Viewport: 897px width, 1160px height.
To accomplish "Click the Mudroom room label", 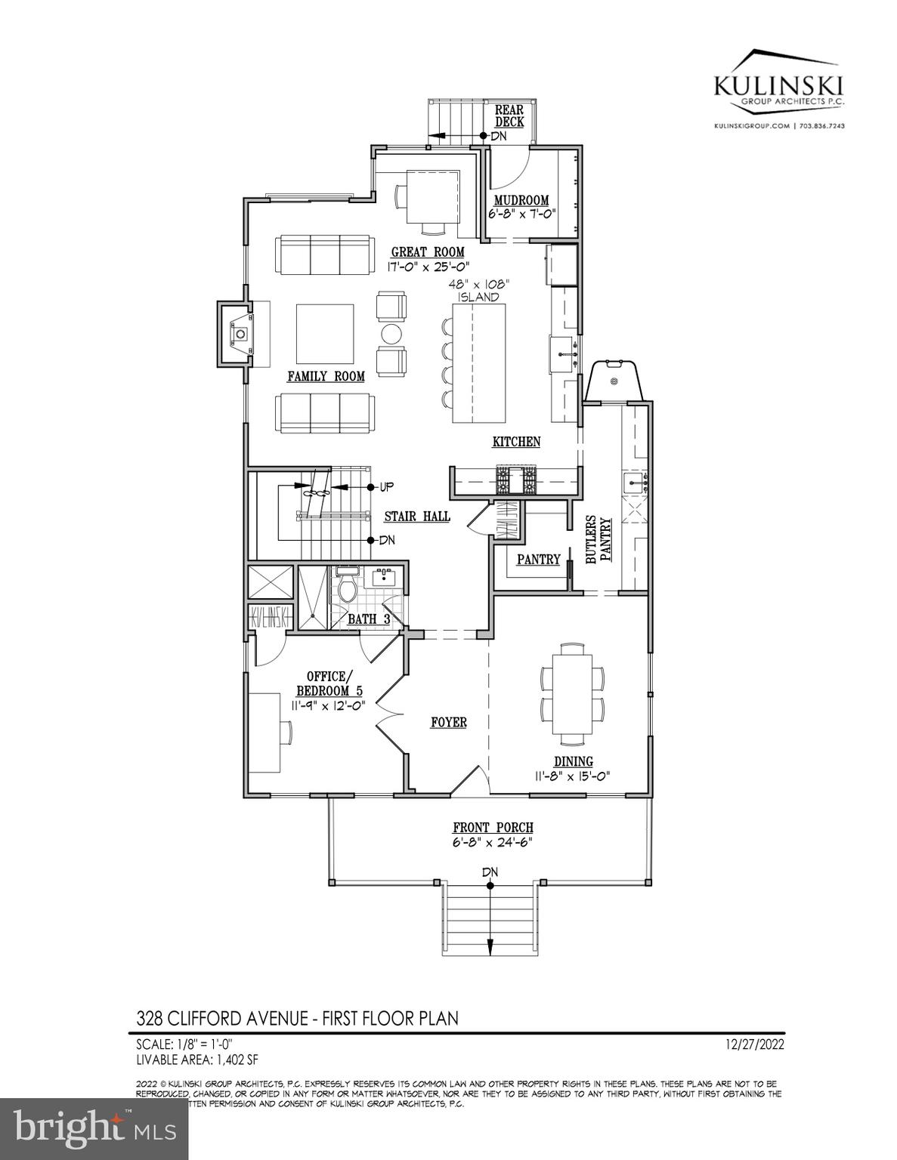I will pos(521,200).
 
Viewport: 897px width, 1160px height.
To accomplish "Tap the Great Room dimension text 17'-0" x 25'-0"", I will pos(428,266).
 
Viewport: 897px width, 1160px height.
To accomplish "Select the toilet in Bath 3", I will pos(348,589).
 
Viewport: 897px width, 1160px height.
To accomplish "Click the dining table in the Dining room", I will pos(572,693).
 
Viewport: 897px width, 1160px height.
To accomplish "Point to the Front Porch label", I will pos(493,828).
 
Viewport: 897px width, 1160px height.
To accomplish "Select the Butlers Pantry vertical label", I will pos(598,540).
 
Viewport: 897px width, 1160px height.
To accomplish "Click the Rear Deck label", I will pos(509,116).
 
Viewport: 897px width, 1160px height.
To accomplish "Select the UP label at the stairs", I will pos(386,486).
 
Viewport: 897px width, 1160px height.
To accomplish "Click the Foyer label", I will pos(448,723).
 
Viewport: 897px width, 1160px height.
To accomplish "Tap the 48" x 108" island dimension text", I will pos(478,290).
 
